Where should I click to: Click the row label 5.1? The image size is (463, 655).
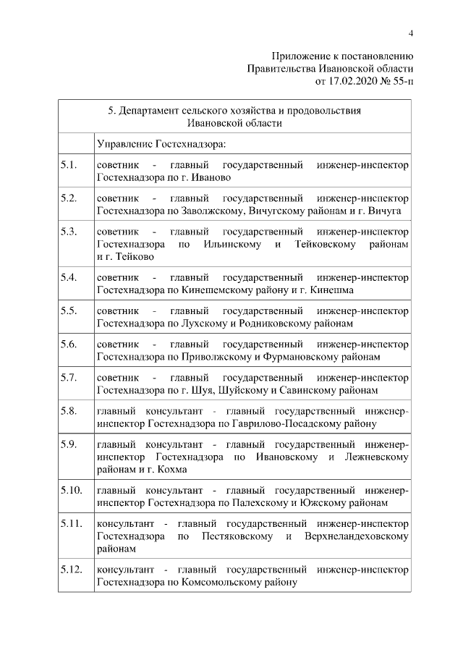pos(69,166)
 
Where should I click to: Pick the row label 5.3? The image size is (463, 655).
pos(69,232)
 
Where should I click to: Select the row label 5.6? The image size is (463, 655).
pos(69,344)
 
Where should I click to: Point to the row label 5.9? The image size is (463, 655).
pos(69,444)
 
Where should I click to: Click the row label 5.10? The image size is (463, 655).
pos(72,490)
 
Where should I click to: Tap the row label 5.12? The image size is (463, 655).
pos(72,570)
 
